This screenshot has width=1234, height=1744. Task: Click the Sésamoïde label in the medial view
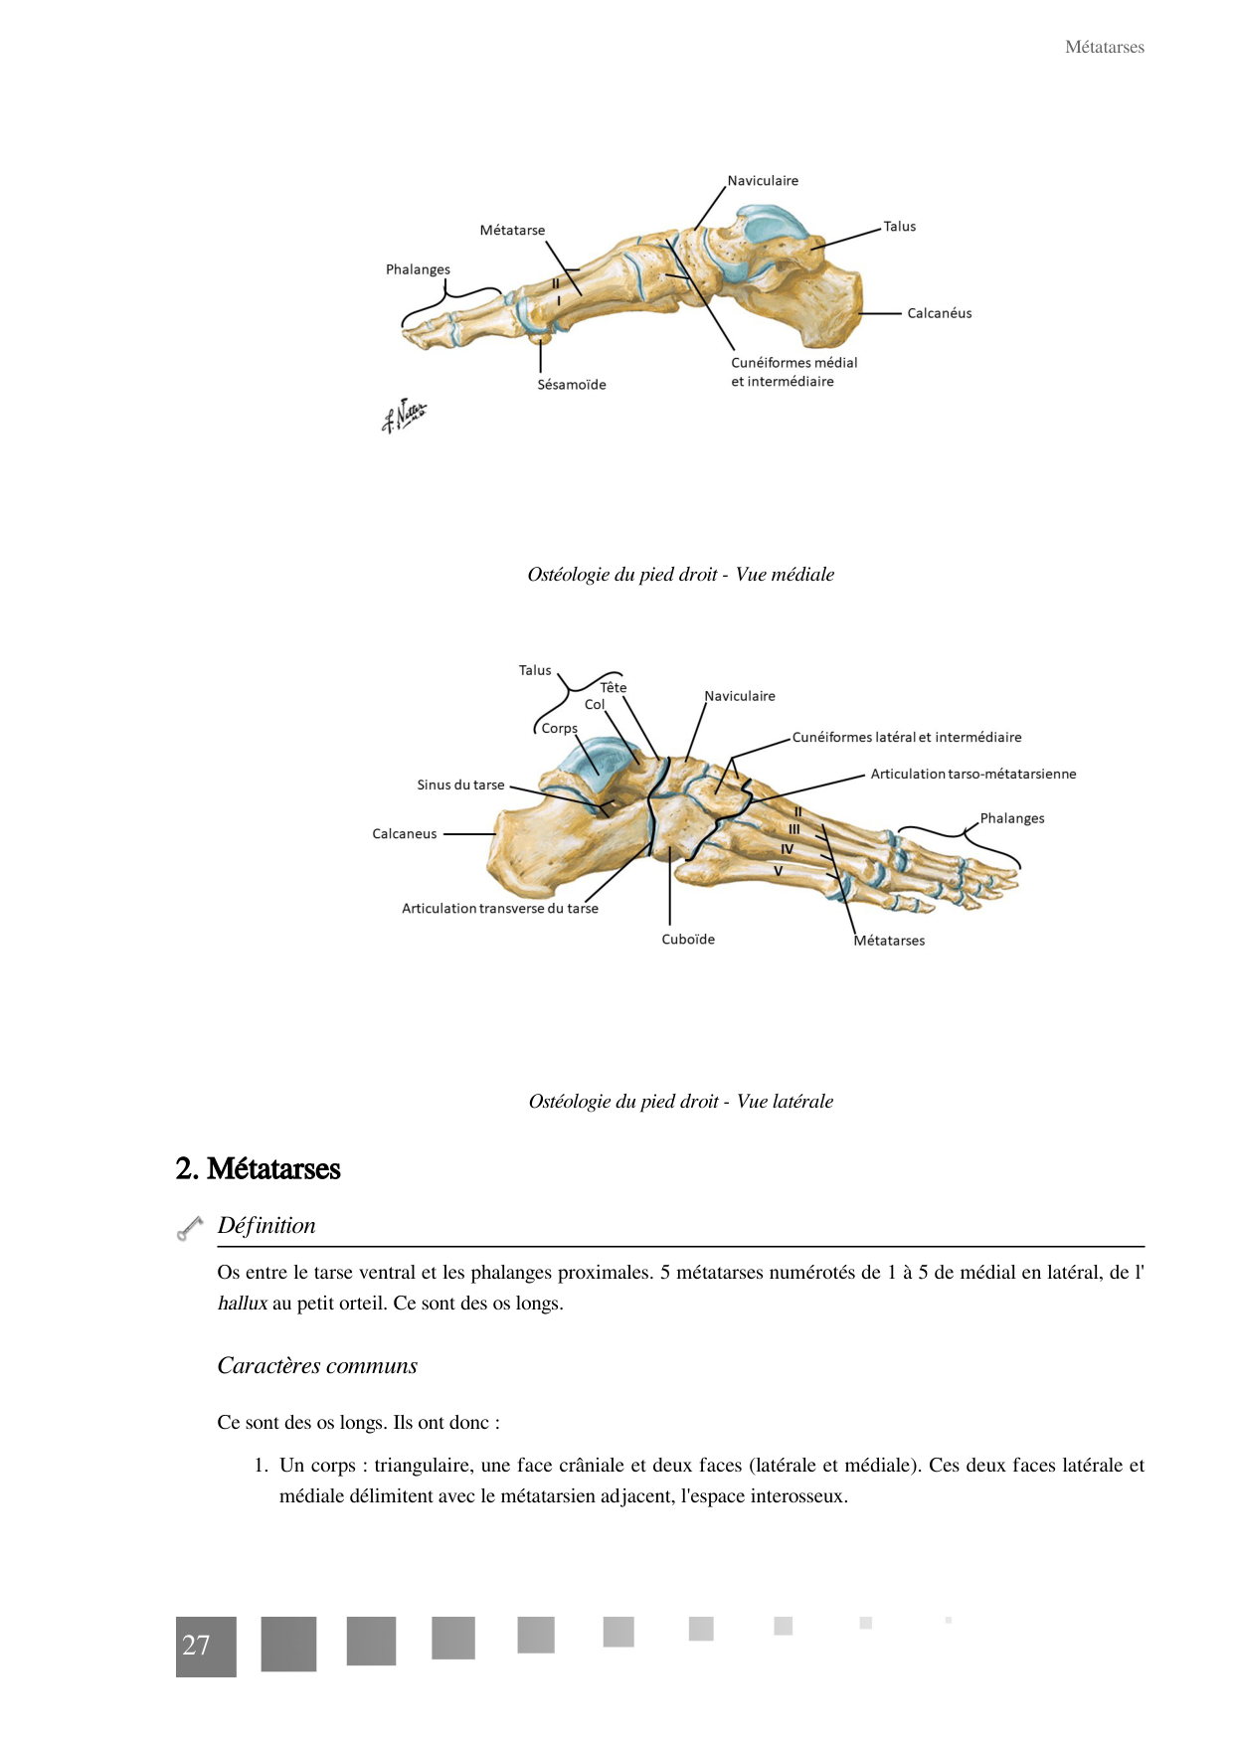pyautogui.click(x=572, y=385)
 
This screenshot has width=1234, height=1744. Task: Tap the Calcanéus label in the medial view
pyautogui.click(x=939, y=313)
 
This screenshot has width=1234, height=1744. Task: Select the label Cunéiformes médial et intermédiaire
pyautogui.click(x=793, y=372)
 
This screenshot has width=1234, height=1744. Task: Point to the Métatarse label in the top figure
pyautogui.click(x=512, y=231)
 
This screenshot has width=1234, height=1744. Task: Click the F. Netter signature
pyautogui.click(x=404, y=416)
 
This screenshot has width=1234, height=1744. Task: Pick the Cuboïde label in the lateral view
pyautogui.click(x=688, y=940)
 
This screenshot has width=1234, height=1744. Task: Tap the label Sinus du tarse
pyautogui.click(x=460, y=785)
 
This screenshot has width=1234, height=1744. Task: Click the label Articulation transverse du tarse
pyautogui.click(x=499, y=909)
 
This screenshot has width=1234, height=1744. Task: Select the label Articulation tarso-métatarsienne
pyautogui.click(x=972, y=775)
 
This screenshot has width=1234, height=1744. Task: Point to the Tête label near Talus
pyautogui.click(x=614, y=688)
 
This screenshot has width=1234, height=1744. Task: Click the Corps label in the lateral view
pyautogui.click(x=559, y=729)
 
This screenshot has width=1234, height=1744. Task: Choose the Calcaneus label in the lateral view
pyautogui.click(x=404, y=834)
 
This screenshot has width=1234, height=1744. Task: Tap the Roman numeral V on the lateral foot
pyautogui.click(x=779, y=871)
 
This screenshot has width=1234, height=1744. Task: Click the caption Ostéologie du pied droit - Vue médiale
pyautogui.click(x=680, y=575)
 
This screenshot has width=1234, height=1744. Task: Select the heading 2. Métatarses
pyautogui.click(x=258, y=1169)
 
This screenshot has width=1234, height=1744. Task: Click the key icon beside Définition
pyautogui.click(x=189, y=1229)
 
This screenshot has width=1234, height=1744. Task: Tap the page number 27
pyautogui.click(x=197, y=1646)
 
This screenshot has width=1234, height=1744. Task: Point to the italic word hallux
pyautogui.click(x=243, y=1304)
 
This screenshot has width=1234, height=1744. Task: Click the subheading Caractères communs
pyautogui.click(x=317, y=1366)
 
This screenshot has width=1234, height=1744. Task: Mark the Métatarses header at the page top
pyautogui.click(x=1104, y=48)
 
